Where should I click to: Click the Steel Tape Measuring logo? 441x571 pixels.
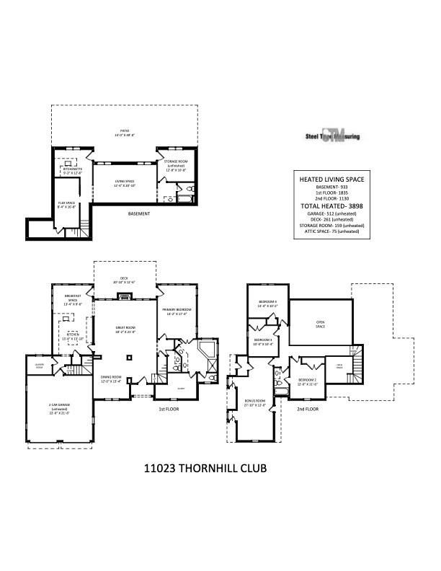[331, 136]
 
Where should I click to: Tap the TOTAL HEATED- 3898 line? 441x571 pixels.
[331, 206]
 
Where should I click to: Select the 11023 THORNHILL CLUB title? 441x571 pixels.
[206, 469]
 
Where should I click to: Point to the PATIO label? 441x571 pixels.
[124, 132]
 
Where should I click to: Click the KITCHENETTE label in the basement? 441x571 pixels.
[73, 170]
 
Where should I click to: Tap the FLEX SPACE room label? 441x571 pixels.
[67, 205]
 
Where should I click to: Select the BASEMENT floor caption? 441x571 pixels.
[139, 214]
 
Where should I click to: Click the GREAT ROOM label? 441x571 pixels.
[125, 329]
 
